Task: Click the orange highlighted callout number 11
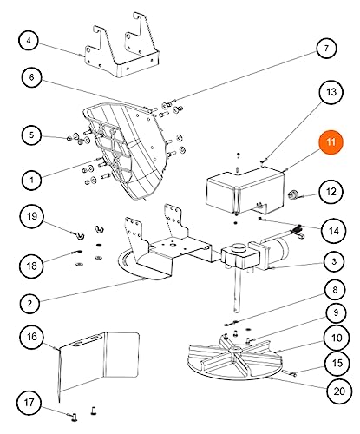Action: [331, 142]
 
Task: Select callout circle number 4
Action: [29, 40]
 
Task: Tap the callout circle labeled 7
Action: [326, 48]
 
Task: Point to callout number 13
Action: [331, 92]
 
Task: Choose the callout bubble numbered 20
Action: [339, 391]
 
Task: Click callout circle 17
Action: [29, 402]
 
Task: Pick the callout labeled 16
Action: [32, 337]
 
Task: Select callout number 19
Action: [32, 216]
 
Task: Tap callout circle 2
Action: [29, 304]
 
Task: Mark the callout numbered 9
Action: [336, 312]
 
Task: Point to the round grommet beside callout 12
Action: [291, 194]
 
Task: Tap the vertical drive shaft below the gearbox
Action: [238, 291]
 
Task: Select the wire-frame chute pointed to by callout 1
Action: [124, 150]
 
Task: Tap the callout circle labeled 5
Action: [31, 135]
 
